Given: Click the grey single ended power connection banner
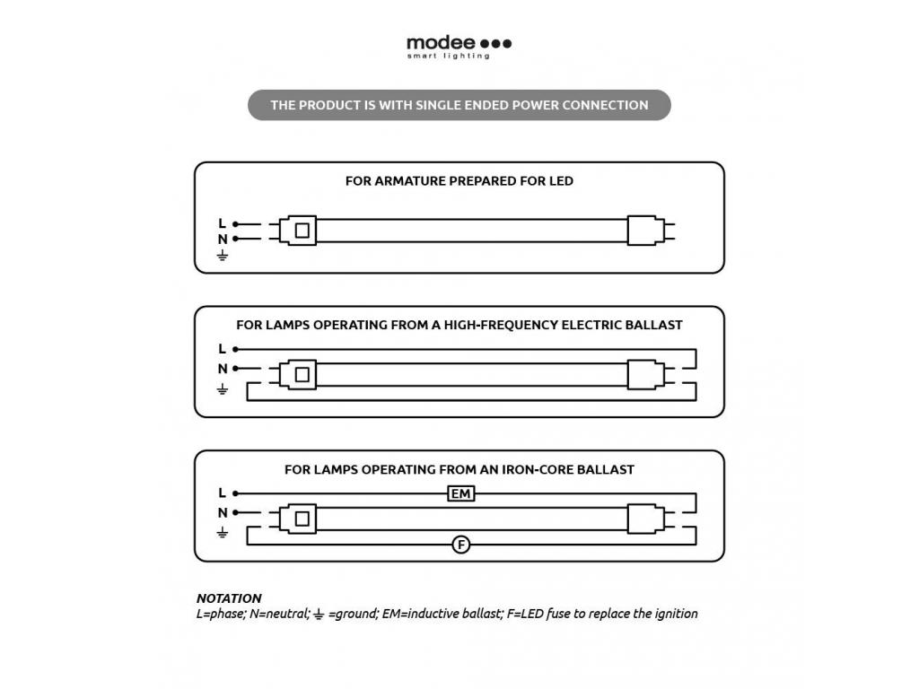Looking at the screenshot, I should click(459, 105).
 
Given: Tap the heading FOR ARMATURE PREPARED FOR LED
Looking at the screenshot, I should click(459, 181).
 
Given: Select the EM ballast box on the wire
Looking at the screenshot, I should click(460, 494).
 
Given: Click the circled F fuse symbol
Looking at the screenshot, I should click(460, 545).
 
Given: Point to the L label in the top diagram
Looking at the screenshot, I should click(223, 223).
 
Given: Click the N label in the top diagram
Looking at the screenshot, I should click(223, 240).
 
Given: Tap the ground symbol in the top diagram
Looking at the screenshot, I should click(223, 256).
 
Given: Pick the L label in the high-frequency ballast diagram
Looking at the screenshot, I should click(223, 349).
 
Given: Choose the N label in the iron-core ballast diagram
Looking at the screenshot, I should click(223, 513).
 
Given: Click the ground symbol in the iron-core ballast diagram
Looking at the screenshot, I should click(223, 532).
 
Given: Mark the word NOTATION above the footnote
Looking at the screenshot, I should click(229, 598).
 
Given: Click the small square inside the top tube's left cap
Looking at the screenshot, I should click(302, 231).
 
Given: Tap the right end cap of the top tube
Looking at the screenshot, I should click(643, 231).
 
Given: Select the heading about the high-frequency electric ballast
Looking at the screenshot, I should click(459, 325).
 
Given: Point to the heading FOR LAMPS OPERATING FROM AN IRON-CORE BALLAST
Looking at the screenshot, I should click(459, 469).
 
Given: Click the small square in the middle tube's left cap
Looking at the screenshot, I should click(302, 374).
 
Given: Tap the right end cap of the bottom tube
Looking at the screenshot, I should click(643, 519).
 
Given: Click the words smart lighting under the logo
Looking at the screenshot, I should click(448, 57).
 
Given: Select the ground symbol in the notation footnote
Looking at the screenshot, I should click(318, 615).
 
